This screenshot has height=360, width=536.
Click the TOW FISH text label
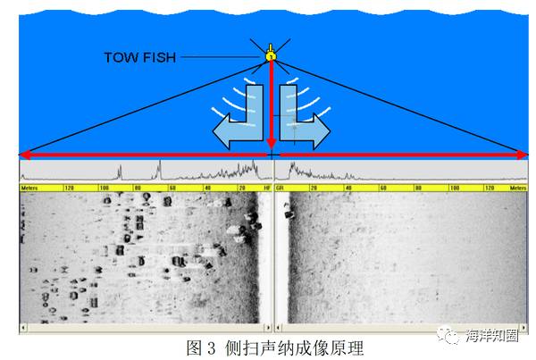tap(139, 57)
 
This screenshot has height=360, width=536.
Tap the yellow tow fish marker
tap(271, 56)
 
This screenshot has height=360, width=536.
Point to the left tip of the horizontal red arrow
tap(24, 155)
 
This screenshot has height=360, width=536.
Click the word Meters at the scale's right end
tap(515, 188)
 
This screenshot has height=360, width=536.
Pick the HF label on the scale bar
tap(265, 188)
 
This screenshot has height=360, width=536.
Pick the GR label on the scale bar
tap(280, 188)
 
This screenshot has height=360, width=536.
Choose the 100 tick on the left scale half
tap(104, 188)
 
